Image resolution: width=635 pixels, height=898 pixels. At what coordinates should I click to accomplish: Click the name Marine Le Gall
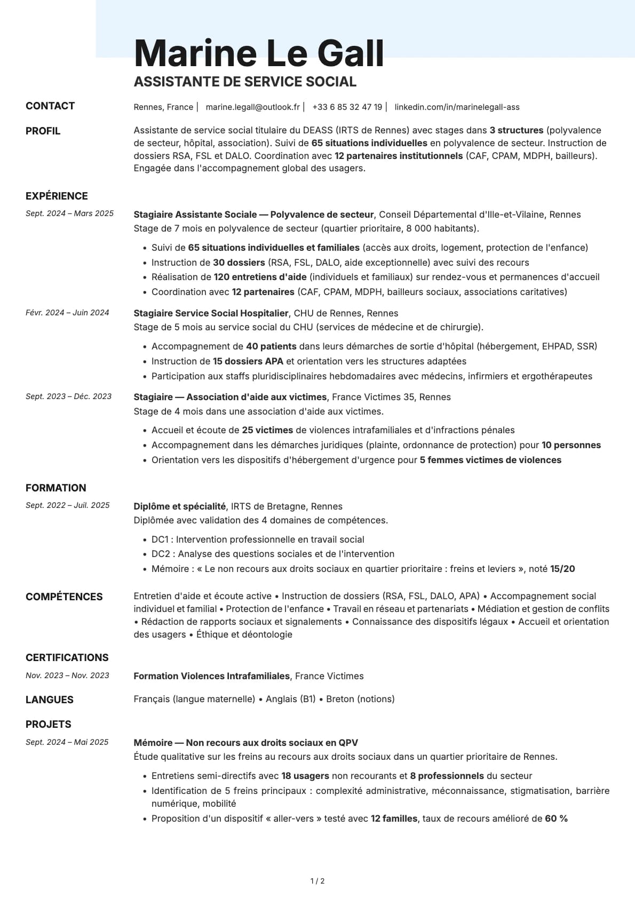[259, 53]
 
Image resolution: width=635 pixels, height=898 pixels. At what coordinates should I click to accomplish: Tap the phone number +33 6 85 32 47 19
[347, 107]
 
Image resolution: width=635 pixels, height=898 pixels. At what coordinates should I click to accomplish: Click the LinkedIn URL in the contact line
[457, 107]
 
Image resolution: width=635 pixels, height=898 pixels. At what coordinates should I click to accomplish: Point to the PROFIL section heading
[43, 131]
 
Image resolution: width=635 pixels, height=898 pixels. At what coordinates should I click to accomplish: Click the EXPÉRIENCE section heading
[57, 196]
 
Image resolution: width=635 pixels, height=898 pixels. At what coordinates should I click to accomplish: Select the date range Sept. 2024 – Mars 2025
[69, 213]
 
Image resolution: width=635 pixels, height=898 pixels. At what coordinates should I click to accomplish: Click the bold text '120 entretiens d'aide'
[260, 277]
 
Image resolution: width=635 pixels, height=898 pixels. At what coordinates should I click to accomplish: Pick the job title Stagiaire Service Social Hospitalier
[211, 313]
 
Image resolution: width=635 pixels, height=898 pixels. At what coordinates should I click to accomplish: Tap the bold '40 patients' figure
[271, 346]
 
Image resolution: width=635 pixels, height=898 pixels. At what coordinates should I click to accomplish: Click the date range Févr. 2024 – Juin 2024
[67, 313]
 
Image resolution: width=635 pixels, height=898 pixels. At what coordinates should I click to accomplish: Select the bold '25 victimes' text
[267, 430]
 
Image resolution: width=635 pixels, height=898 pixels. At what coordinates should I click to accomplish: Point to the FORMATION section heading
[55, 488]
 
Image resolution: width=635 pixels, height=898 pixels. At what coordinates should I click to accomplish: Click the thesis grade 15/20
[562, 569]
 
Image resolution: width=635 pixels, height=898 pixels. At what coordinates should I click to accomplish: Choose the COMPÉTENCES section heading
[64, 597]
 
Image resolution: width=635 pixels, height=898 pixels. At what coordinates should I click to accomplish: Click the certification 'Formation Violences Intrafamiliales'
[211, 676]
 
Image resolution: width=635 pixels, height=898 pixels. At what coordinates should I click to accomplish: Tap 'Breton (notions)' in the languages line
[360, 699]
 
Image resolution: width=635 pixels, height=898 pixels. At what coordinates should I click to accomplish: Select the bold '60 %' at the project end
[556, 818]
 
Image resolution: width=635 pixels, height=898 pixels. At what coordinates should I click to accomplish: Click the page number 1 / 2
[317, 881]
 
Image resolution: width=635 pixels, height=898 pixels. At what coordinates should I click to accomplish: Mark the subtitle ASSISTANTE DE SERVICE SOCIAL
[245, 82]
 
